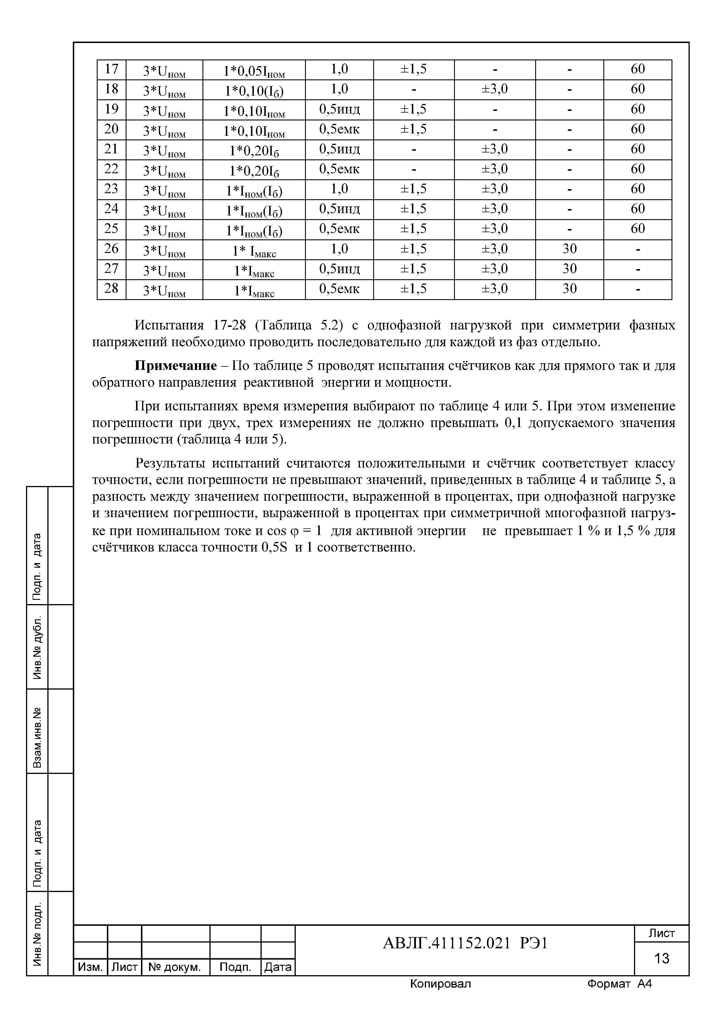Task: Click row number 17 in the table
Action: pyautogui.click(x=111, y=69)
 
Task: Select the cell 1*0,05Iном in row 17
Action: pyautogui.click(x=254, y=70)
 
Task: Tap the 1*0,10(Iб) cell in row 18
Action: pyautogui.click(x=254, y=90)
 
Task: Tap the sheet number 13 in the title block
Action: pyautogui.click(x=661, y=958)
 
